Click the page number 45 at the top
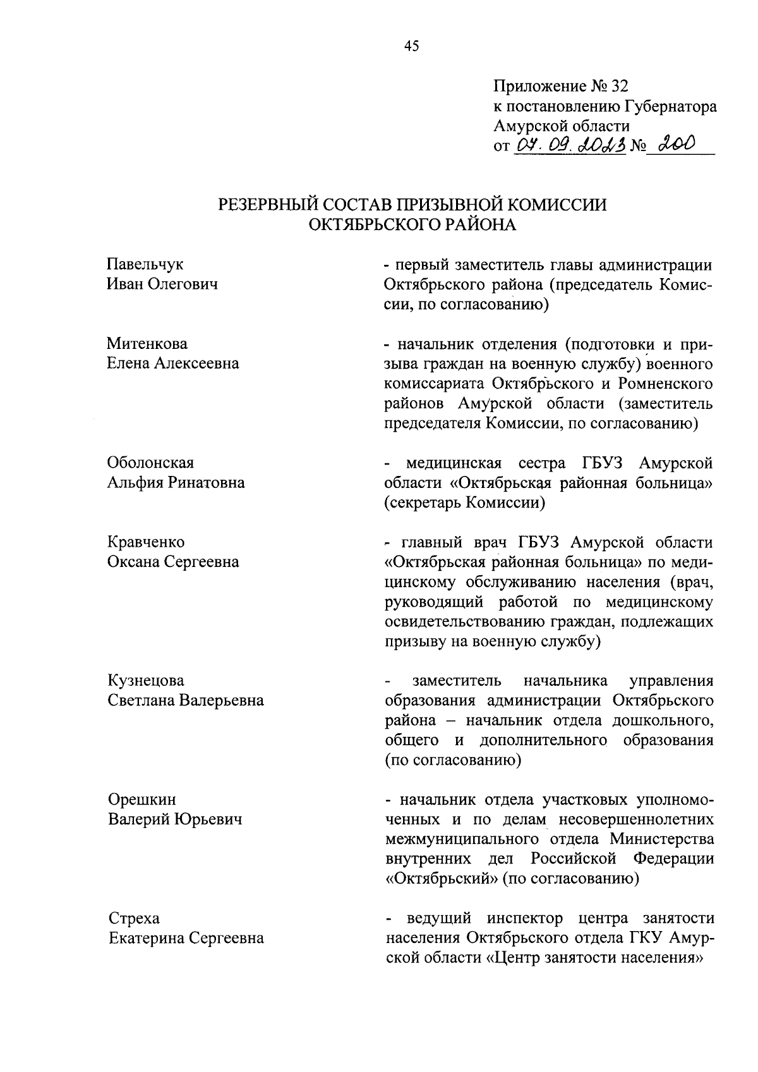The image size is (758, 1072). (411, 46)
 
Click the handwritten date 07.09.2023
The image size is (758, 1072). (570, 146)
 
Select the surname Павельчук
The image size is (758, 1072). (145, 264)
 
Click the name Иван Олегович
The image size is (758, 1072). (163, 284)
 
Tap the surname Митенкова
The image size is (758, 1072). (147, 344)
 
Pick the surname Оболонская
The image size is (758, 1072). (150, 463)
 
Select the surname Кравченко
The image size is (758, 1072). (146, 542)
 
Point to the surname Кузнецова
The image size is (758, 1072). (146, 681)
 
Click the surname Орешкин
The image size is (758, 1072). (142, 800)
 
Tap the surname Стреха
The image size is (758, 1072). (134, 918)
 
